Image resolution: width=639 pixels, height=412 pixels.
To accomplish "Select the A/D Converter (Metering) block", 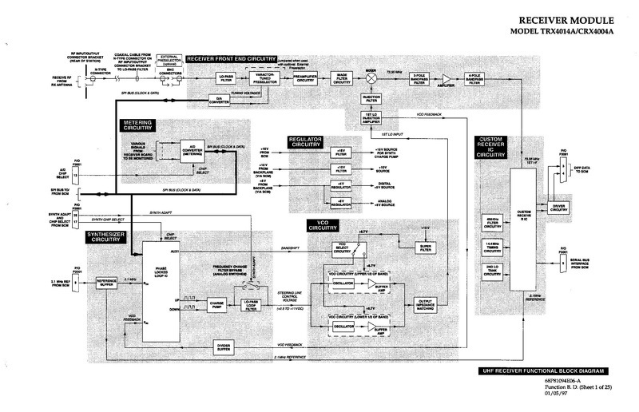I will [191, 153].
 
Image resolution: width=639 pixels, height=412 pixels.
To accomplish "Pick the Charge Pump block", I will [218, 303].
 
